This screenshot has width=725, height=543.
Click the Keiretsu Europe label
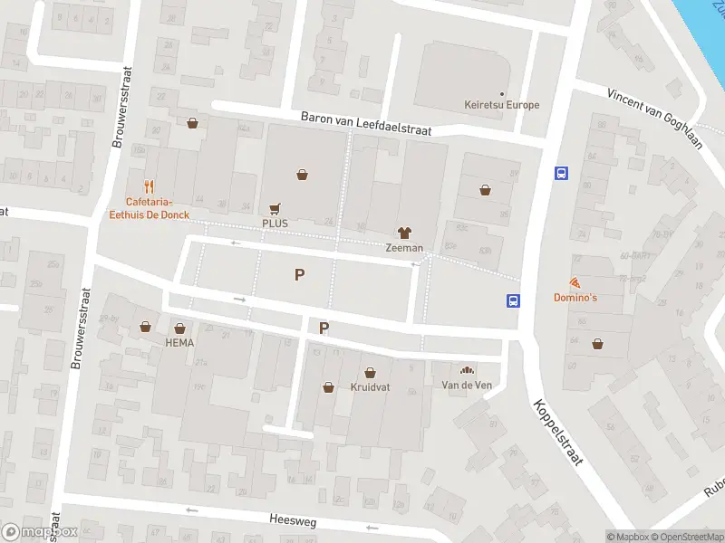[501, 105]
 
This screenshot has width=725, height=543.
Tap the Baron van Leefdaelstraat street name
[366, 125]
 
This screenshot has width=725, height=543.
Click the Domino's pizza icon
[575, 283]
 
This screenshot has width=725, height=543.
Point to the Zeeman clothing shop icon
[404, 233]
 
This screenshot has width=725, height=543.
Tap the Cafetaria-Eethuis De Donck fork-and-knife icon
[150, 187]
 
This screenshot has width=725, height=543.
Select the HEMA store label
[179, 343]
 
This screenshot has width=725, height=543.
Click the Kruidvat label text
[369, 386]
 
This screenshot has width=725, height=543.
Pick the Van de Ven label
[466, 386]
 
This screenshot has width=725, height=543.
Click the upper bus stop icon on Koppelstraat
[561, 173]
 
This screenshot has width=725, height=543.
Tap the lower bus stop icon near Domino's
[513, 301]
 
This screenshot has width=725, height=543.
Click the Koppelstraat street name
[559, 433]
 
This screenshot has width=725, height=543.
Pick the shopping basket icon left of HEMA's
[145, 327]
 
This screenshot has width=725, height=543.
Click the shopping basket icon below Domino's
[597, 343]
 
